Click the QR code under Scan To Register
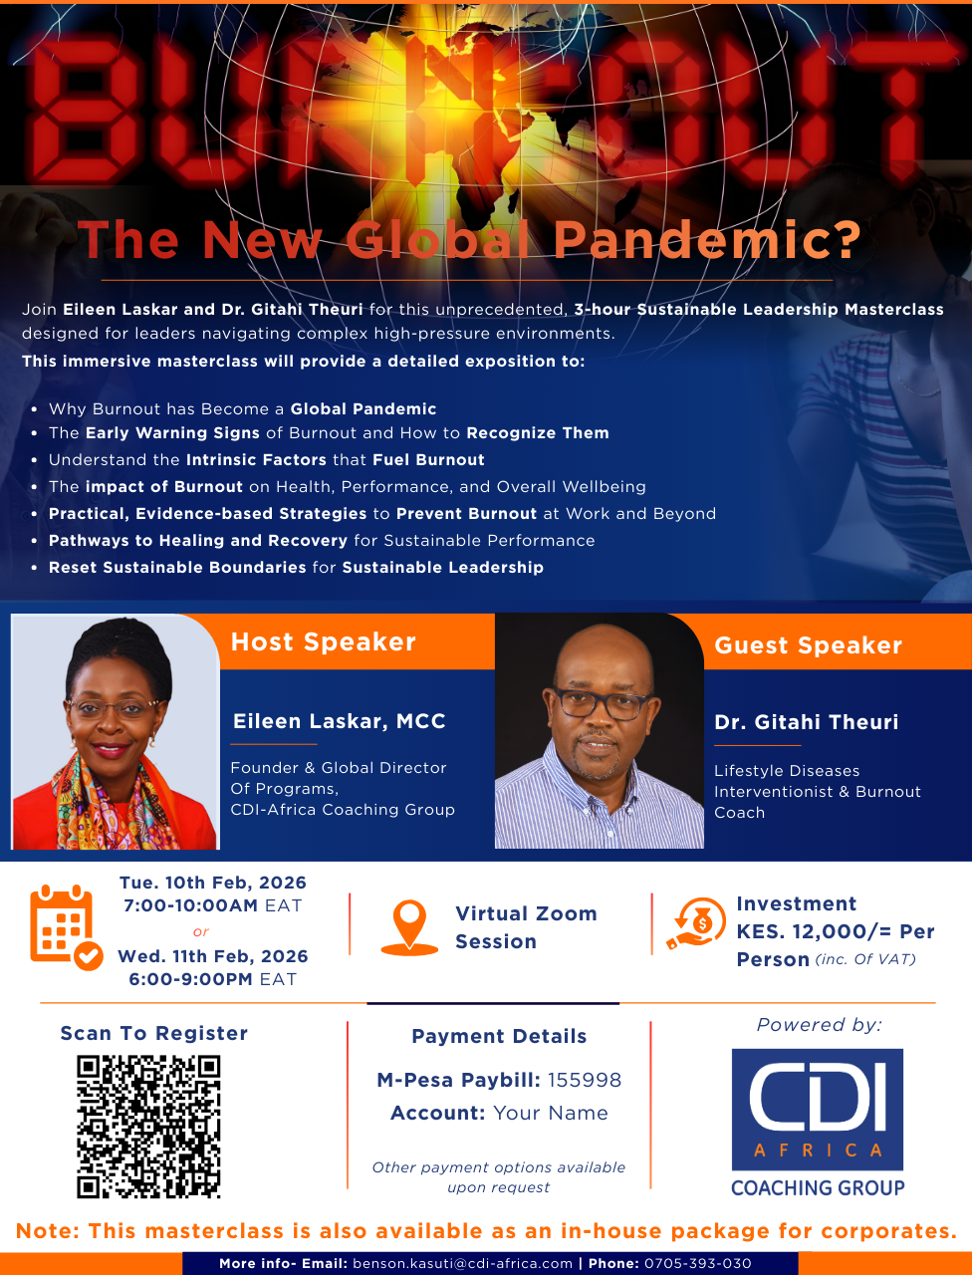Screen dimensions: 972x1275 click(148, 1127)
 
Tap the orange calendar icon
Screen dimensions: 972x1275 click(66, 927)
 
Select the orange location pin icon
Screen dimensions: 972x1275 click(409, 927)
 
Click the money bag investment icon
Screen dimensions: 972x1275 click(696, 923)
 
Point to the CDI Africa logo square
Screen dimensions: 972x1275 click(818, 1110)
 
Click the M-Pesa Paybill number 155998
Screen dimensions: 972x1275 click(585, 1080)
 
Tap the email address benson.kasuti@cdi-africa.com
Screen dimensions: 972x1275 click(462, 1263)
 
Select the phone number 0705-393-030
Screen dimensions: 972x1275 click(697, 1263)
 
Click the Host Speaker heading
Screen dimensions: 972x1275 click(324, 641)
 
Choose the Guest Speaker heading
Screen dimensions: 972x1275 click(809, 645)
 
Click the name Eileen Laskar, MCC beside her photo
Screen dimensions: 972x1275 click(339, 721)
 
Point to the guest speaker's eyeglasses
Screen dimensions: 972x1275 click(602, 703)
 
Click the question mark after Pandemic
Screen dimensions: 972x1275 click(849, 239)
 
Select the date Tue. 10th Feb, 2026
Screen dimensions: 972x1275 click(213, 883)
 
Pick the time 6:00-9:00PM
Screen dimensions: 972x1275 click(191, 979)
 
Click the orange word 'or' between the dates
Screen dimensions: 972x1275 click(201, 931)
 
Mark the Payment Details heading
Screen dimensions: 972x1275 click(499, 1036)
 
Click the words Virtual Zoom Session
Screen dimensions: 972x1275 click(526, 927)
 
